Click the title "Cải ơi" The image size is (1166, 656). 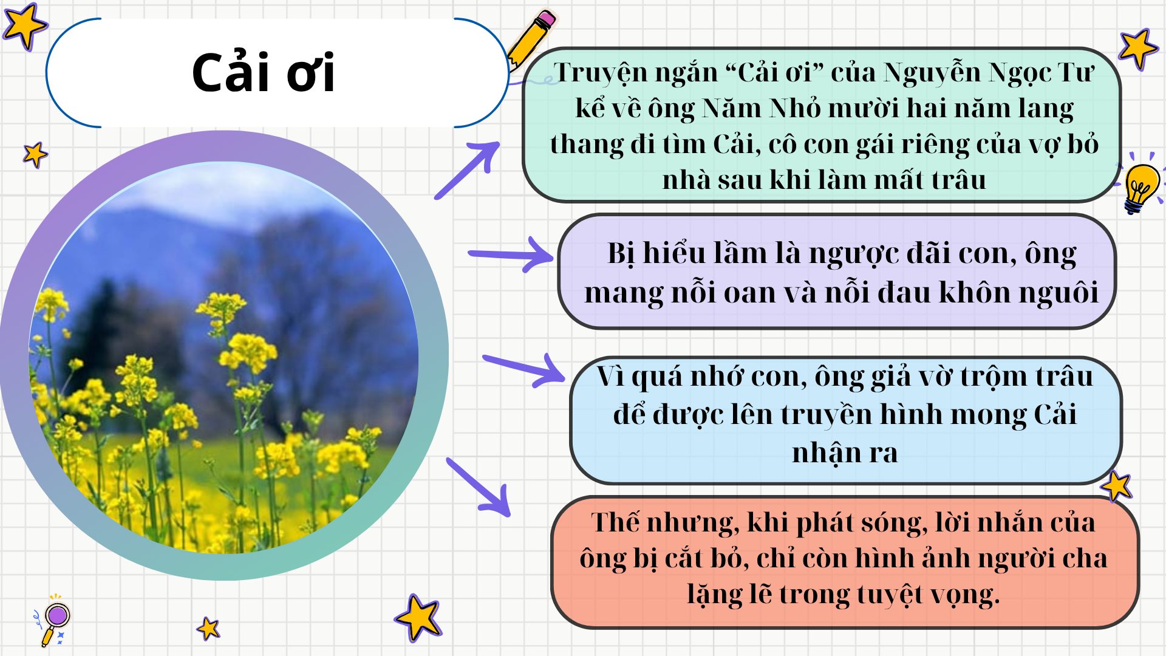(263, 73)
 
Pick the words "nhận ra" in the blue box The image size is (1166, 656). (844, 453)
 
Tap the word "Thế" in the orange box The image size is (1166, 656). (615, 522)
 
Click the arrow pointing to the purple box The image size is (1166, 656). (511, 254)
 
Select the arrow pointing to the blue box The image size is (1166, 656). (523, 368)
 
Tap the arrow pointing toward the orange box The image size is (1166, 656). (478, 487)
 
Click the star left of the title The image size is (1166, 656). (24, 26)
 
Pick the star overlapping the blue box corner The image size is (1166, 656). (1116, 486)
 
